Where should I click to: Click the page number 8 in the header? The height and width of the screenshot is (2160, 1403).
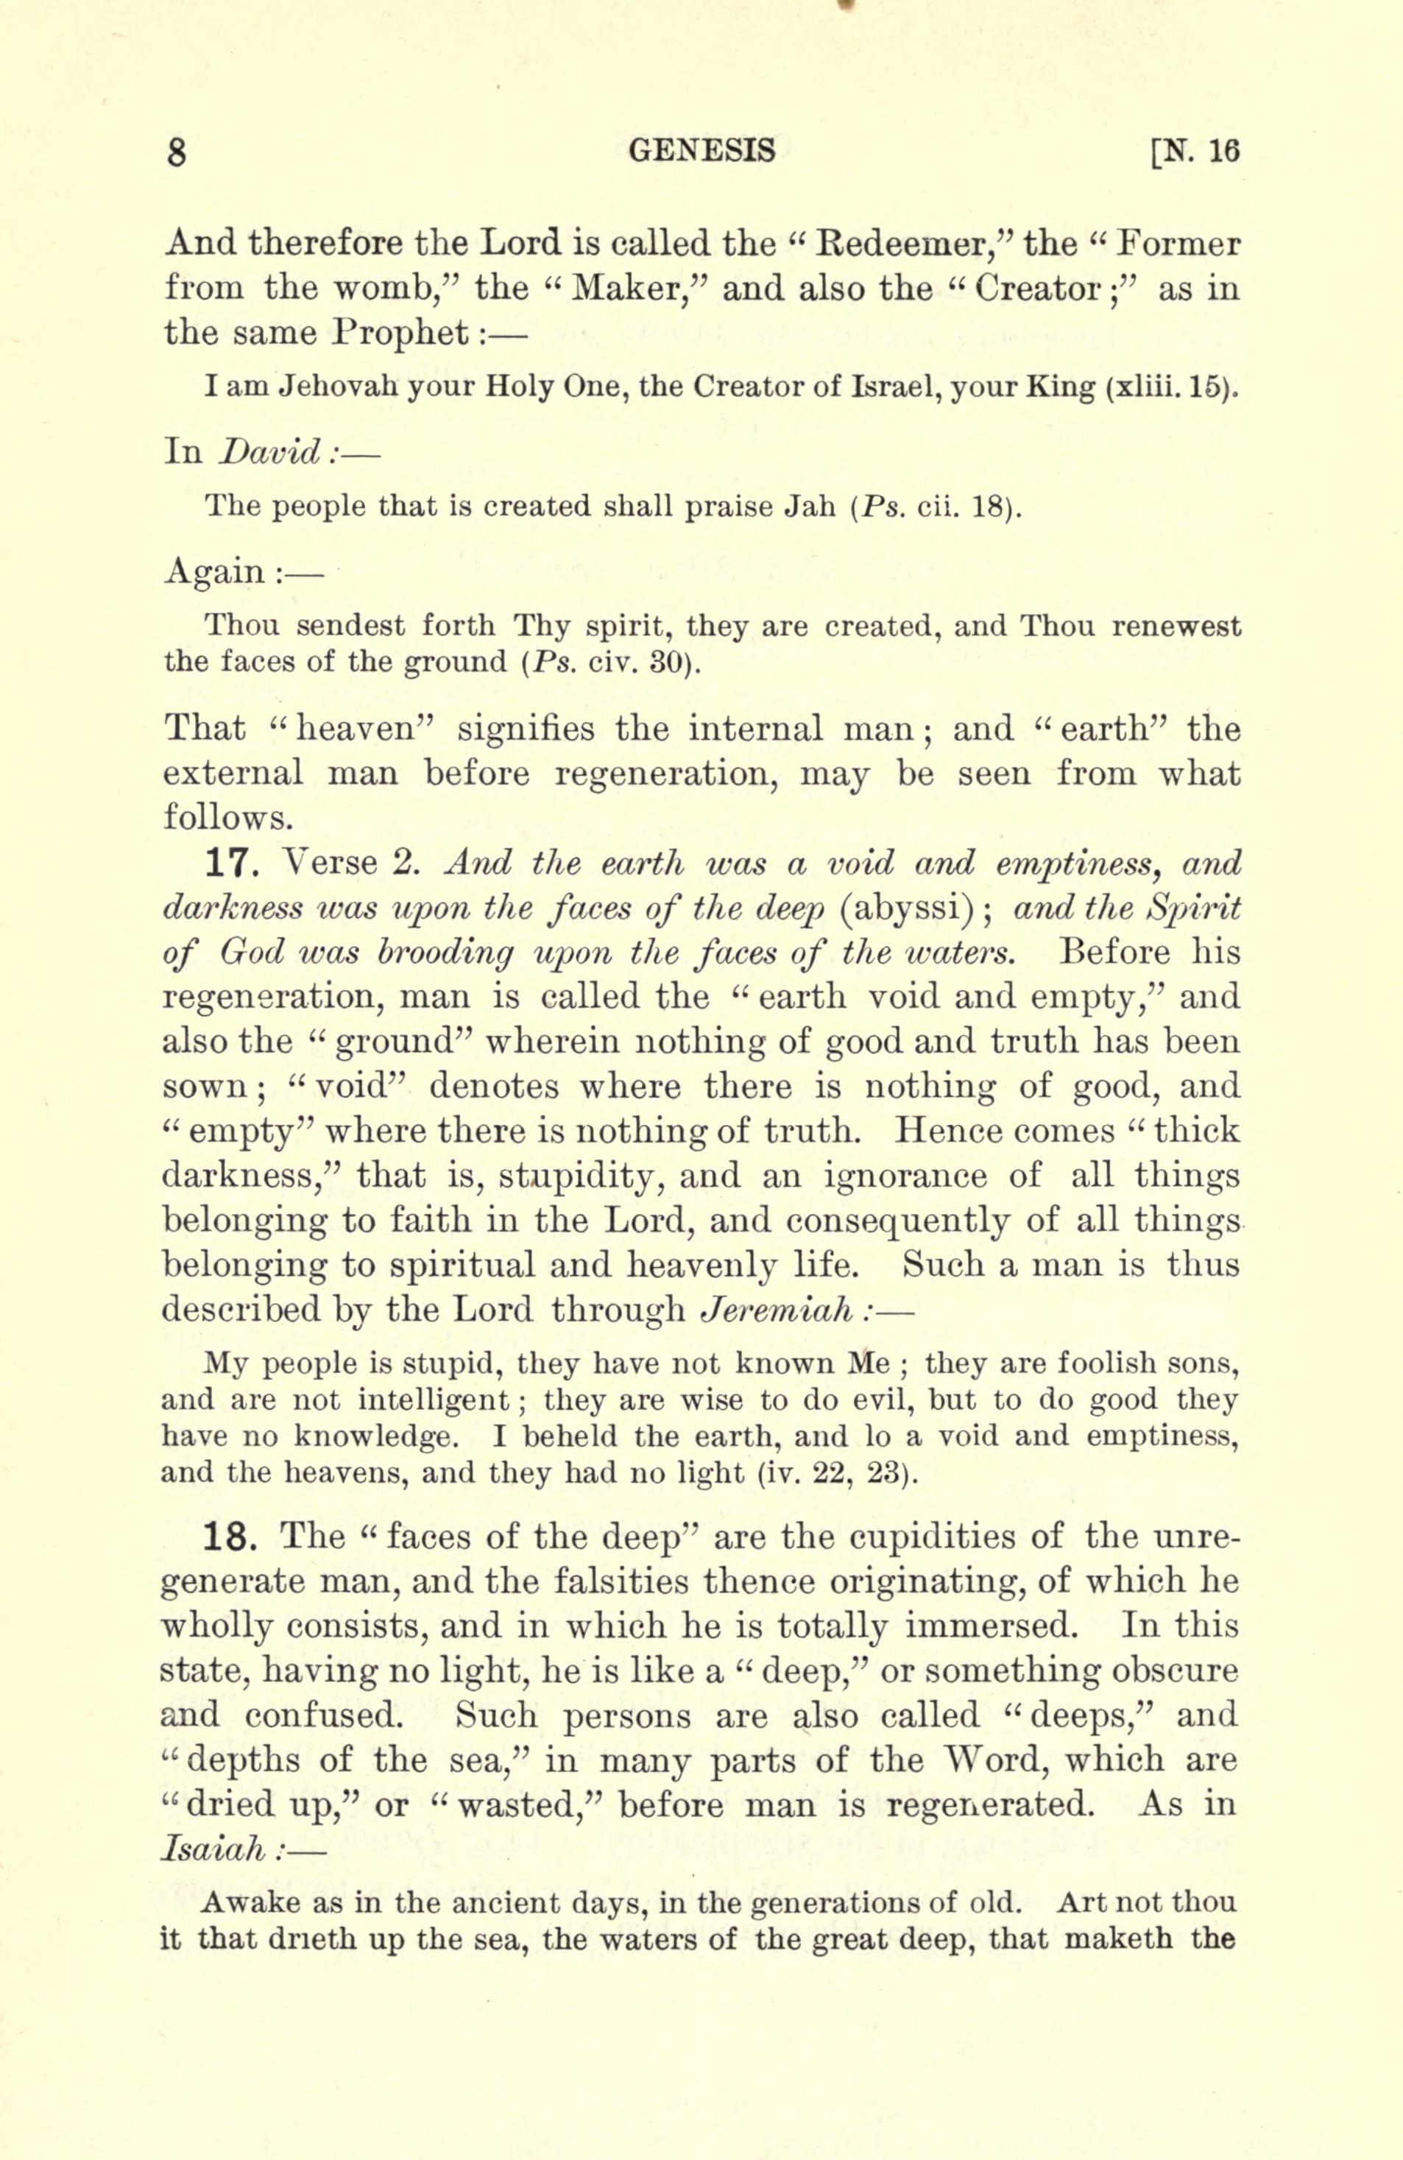pos(176,152)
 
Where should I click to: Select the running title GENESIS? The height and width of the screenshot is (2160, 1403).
pos(701,149)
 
